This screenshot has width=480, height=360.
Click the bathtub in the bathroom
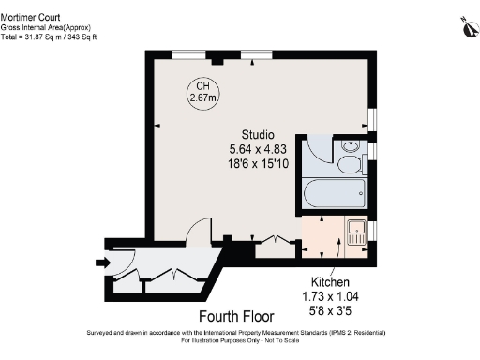[335, 197]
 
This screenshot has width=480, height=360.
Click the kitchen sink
[356, 232]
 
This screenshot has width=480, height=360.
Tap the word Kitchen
[331, 282]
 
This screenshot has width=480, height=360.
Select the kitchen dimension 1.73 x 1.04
[331, 295]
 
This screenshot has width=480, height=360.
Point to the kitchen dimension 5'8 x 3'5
[331, 309]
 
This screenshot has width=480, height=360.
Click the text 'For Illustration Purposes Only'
[207, 340]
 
